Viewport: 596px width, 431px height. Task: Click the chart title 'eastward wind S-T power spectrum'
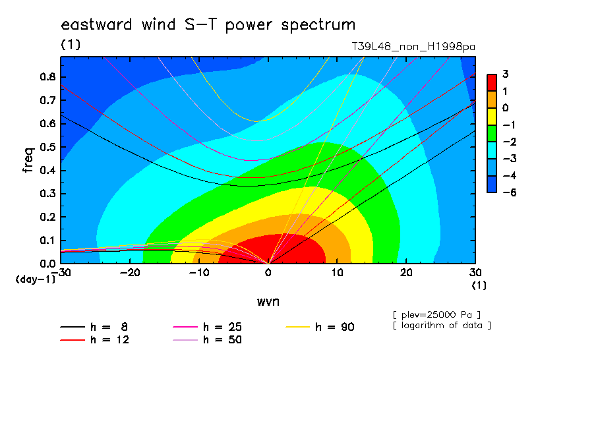(208, 24)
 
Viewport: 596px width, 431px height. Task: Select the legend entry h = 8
(94, 327)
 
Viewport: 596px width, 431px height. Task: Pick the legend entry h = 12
(95, 340)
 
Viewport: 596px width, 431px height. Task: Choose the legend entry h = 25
(207, 327)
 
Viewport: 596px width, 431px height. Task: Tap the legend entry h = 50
(207, 340)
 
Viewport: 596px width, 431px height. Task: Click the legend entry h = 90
(320, 327)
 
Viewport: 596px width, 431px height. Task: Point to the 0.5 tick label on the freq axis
(47, 147)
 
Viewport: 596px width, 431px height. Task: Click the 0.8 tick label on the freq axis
(47, 77)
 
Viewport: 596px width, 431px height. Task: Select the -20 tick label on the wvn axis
(130, 273)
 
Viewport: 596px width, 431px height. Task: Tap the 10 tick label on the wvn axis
(337, 273)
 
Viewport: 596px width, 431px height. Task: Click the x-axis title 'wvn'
(268, 302)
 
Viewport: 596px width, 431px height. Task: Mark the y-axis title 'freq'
(28, 160)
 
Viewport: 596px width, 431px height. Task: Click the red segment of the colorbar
(492, 82)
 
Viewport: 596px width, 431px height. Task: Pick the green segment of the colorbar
(492, 133)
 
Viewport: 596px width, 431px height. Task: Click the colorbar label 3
(505, 74)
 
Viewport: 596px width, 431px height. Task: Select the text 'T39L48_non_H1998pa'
(413, 47)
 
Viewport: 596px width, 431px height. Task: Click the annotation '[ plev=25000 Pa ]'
(436, 315)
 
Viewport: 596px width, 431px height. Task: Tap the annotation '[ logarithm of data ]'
(442, 326)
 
